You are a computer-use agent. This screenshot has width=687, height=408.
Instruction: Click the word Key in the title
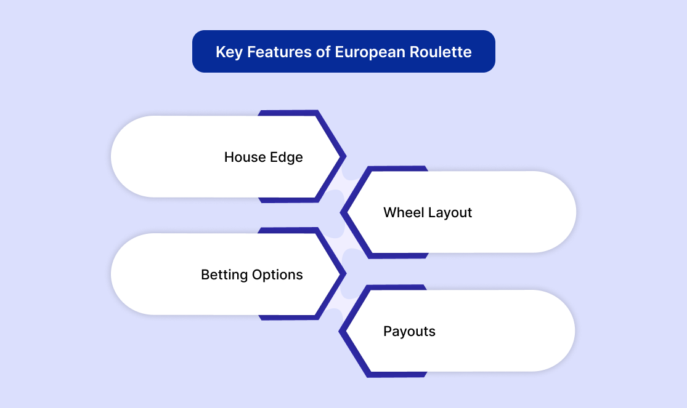coord(229,52)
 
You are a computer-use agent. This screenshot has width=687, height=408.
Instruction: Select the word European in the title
coord(370,52)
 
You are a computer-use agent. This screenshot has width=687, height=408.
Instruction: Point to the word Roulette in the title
coord(441,52)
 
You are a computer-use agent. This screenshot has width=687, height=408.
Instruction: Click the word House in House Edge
coord(245,157)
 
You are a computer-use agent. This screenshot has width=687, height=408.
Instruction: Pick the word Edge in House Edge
coord(286,158)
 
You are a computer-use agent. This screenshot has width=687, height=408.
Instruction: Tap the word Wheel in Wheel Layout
coord(403,212)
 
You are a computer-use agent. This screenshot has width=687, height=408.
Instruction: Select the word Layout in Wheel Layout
coord(450,213)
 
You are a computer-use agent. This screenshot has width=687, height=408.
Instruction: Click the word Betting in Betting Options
coord(224,275)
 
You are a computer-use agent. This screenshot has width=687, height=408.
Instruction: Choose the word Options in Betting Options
coord(277,275)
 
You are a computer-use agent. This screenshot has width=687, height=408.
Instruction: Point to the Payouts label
coord(409,332)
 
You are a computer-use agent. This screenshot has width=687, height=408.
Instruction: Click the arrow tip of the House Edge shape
coord(346,156)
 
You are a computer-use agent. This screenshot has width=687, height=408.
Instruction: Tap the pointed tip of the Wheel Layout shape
coord(341,213)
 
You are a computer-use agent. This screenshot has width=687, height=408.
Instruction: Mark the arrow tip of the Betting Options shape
coord(346,274)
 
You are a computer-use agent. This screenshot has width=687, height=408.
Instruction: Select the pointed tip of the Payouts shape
coord(339,332)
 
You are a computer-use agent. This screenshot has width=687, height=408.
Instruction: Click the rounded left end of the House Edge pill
coord(112,156)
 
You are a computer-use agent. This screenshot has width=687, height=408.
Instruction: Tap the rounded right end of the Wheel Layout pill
coord(575,212)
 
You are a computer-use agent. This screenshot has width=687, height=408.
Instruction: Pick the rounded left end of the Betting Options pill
coord(112,274)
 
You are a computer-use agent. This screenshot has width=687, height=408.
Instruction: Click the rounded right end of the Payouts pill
coord(574,331)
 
